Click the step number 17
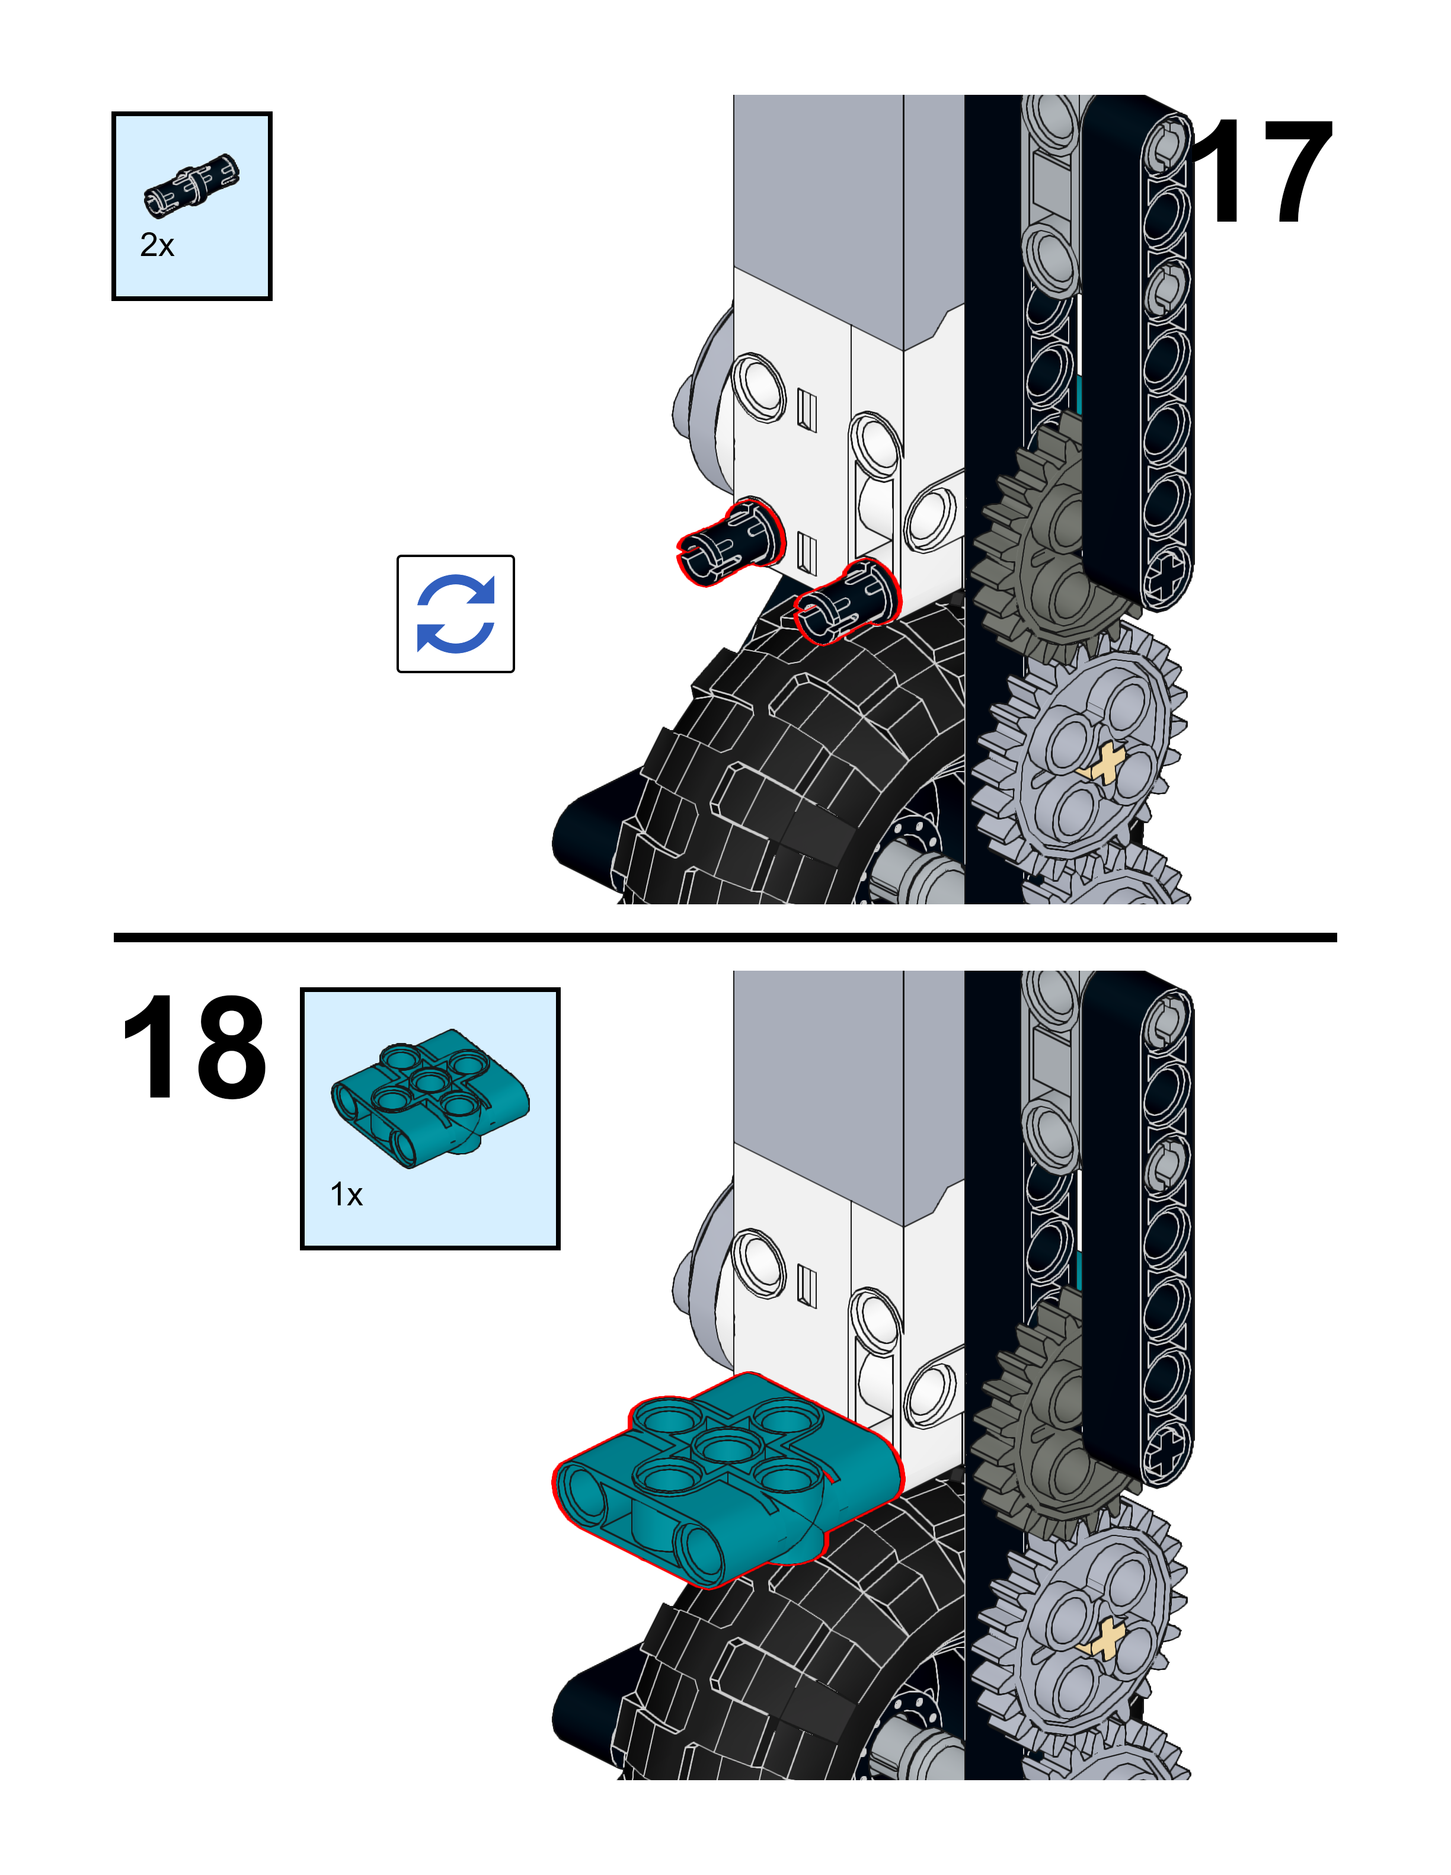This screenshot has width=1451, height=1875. pyautogui.click(x=1260, y=172)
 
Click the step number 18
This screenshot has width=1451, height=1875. pyautogui.click(x=194, y=1047)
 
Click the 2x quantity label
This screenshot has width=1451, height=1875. pyautogui.click(x=157, y=245)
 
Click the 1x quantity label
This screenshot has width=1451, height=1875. pyautogui.click(x=346, y=1194)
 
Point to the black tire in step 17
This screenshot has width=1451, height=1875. pyautogui.click(x=773, y=773)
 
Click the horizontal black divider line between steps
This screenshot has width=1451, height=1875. pyautogui.click(x=725, y=937)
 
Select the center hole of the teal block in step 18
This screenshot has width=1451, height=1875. pyautogui.click(x=725, y=1449)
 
